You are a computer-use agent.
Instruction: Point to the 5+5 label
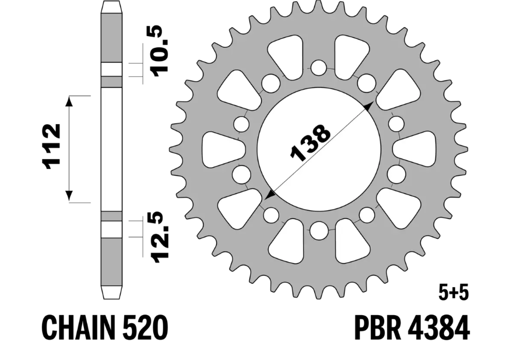pyautogui.click(x=452, y=292)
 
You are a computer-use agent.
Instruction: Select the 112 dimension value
pyautogui.click(x=52, y=146)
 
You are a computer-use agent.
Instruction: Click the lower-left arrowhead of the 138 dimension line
pyautogui.click(x=269, y=194)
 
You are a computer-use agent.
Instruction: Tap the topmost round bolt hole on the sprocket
pyautogui.click(x=318, y=68)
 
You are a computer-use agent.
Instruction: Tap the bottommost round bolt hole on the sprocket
pyautogui.click(x=318, y=231)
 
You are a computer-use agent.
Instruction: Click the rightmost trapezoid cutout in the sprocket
pyautogui.click(x=415, y=149)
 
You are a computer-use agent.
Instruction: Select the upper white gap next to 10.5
pyautogui.click(x=112, y=69)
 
